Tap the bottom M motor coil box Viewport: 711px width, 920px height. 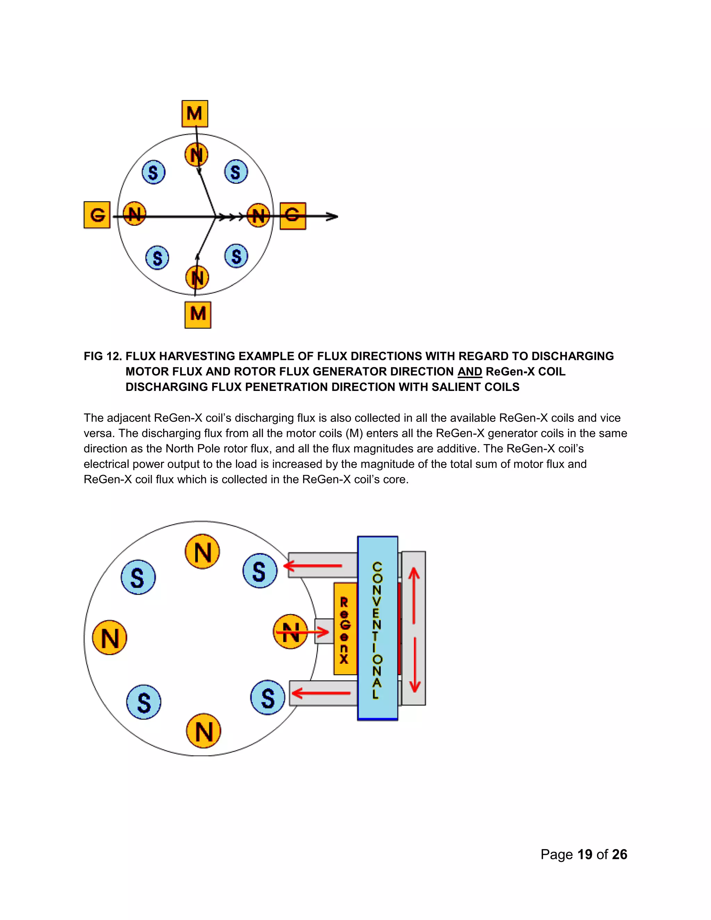point(198,314)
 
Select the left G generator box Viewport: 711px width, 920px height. point(97,215)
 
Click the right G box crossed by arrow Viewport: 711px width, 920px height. point(293,216)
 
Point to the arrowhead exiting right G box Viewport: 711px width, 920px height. point(333,217)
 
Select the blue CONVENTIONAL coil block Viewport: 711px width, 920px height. point(377,628)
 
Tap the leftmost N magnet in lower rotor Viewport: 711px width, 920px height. point(109,637)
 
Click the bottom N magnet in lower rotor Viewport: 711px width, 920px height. point(203,731)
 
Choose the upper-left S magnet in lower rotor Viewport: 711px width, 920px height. point(138,577)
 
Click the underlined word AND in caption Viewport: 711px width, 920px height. point(469,371)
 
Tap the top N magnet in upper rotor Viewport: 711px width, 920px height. point(196,154)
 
